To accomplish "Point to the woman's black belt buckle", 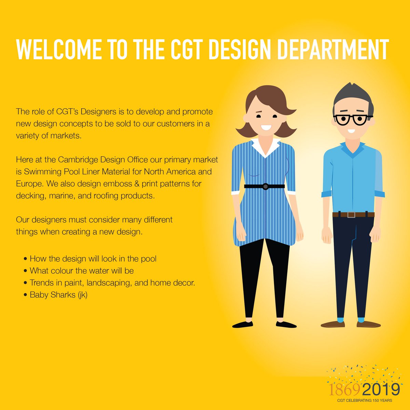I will tap(265, 187).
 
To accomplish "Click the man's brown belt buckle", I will tap(351, 215).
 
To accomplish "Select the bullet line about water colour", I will tap(81, 271).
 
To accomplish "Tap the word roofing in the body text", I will tap(106, 196).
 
